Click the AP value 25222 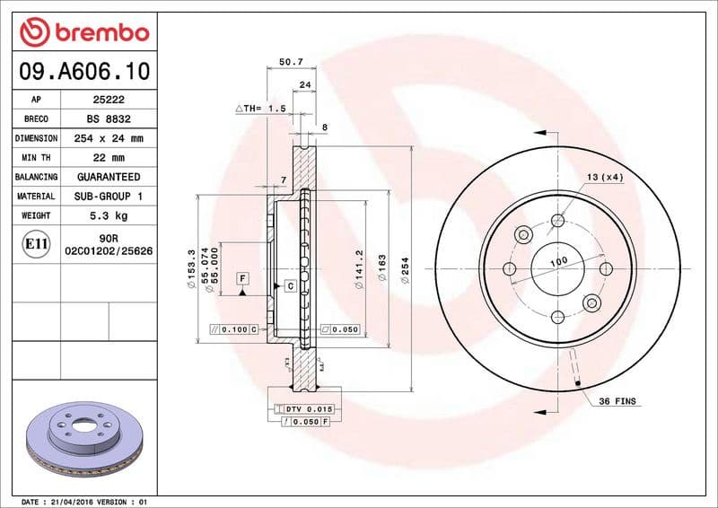click(109, 100)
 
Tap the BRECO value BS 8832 click(109, 118)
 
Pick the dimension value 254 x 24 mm click(109, 138)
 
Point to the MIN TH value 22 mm click(109, 158)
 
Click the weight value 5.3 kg click(109, 215)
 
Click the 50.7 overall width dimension click(291, 62)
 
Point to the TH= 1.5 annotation click(260, 108)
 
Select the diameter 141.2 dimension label click(358, 265)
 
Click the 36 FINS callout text click(617, 401)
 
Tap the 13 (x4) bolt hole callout click(605, 177)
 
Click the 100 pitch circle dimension click(558, 261)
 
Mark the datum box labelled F click(242, 279)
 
